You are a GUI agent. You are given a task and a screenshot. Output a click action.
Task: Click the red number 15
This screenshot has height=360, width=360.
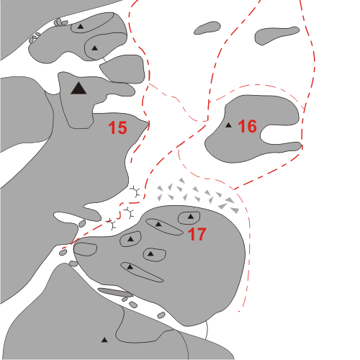117,127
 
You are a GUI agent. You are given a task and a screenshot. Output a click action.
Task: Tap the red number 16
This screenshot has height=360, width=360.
248,126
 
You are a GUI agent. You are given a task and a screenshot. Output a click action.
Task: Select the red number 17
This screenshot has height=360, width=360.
197,234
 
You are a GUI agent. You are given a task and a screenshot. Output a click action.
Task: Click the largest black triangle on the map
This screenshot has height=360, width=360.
78,88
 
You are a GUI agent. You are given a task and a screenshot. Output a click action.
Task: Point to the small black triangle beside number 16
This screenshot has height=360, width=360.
228,125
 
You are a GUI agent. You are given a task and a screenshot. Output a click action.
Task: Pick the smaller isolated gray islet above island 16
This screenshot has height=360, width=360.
207,28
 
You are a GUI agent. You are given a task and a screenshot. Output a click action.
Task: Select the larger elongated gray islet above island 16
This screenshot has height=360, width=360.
277,35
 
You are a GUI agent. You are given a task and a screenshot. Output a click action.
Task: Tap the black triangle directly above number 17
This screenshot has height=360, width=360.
191,217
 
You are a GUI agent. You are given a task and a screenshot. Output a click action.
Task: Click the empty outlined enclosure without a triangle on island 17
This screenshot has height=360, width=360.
85,249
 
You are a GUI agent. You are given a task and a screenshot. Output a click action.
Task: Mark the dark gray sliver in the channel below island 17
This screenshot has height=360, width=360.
115,292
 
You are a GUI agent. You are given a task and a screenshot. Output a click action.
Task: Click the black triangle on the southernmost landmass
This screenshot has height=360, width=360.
104,340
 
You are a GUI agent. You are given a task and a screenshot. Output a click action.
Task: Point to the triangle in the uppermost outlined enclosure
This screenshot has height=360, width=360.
81,27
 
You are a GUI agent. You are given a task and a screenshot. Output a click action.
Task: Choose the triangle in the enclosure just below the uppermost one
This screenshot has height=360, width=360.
95,48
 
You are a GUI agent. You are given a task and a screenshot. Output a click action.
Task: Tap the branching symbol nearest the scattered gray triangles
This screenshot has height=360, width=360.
135,192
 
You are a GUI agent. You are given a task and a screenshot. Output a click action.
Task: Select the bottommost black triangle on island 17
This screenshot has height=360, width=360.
130,266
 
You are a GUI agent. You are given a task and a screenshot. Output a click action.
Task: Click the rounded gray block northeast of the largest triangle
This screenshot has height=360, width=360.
122,69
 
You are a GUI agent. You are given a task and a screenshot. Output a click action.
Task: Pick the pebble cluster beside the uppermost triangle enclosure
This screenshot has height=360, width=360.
60,22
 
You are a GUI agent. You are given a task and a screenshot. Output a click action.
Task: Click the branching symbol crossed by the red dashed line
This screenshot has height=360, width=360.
111,224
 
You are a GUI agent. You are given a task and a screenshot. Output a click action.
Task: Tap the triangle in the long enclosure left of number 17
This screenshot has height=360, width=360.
158,225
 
